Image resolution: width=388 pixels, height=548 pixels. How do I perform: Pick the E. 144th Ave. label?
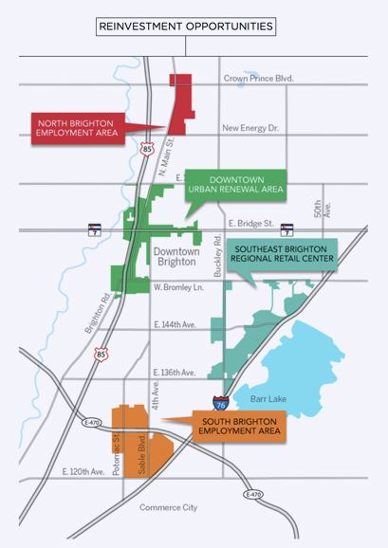click(x=175, y=323)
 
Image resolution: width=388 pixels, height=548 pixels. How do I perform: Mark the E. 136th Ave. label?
click(x=174, y=372)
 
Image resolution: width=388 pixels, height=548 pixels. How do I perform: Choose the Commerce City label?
click(x=168, y=507)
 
